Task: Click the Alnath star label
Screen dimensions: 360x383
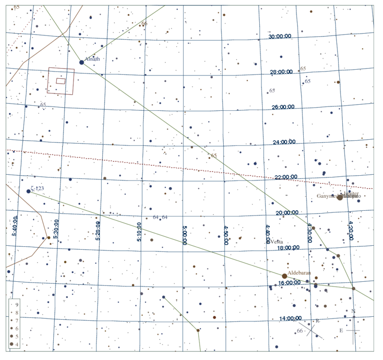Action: [x=92, y=59]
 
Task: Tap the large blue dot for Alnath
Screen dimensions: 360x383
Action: [x=82, y=62]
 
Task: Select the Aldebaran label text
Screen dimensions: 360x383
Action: [x=299, y=273]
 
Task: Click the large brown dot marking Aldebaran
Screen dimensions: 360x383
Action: [x=285, y=276]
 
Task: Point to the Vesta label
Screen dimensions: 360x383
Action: [x=277, y=242]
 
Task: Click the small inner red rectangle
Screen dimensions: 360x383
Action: [x=60, y=81]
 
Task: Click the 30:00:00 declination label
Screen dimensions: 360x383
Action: [x=280, y=36]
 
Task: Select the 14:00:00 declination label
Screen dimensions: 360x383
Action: [x=290, y=318]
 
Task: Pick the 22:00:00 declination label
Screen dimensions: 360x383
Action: [x=287, y=177]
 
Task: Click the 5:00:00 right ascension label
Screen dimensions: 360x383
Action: [x=184, y=234]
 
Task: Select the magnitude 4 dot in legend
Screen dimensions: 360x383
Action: [x=11, y=345]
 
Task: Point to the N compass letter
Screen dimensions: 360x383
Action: [x=353, y=311]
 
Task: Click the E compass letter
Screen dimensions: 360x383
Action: [x=341, y=331]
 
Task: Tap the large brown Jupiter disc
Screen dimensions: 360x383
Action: [x=340, y=197]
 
